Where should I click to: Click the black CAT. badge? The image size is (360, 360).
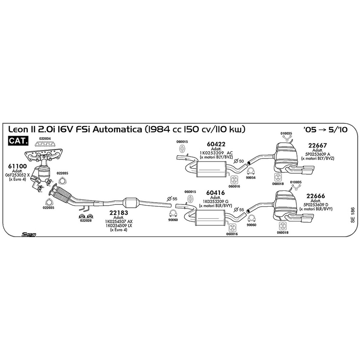coord(18,141)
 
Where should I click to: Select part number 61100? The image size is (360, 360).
coord(17,166)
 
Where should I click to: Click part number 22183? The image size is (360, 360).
coord(119,213)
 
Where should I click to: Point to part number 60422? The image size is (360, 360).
coord(216,144)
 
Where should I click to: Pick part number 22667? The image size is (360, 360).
coord(317,145)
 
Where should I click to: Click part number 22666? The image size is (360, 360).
coord(316,196)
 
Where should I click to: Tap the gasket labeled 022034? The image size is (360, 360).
coord(45,144)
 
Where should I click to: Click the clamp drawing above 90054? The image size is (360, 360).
coord(250,171)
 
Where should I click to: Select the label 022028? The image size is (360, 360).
coord(86,220)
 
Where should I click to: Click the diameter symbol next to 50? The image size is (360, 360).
coord(236,161)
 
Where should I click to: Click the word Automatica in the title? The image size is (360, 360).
coord(117,129)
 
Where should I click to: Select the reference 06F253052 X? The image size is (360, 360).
coord(17,175)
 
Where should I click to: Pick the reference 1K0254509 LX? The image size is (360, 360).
coord(119,226)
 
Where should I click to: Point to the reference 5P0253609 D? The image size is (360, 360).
coord(316,205)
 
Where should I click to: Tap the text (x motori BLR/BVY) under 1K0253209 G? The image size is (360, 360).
coord(215,206)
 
